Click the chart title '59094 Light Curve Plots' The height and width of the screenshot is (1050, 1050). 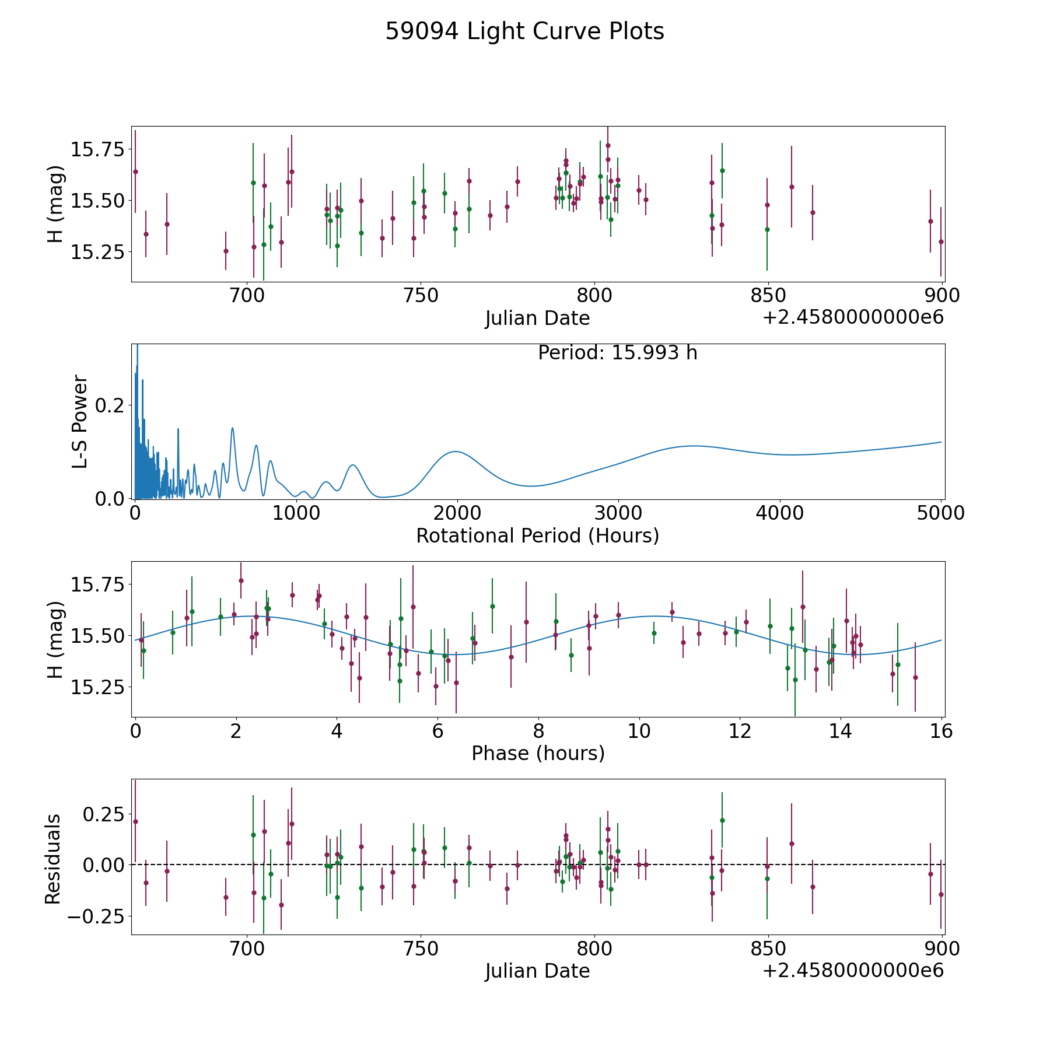pos(524,32)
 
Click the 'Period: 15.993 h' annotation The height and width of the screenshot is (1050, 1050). pos(617,353)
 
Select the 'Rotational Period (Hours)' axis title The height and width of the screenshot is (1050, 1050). pos(537,535)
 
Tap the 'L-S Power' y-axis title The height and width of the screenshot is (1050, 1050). pos(80,421)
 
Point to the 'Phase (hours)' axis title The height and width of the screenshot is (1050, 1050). pos(538,753)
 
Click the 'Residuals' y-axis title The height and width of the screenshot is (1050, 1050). pos(53,859)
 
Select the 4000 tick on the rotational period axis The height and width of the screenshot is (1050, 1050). pos(779,513)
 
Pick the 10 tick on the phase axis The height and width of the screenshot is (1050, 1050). pos(639,731)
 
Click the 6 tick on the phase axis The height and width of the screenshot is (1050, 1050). pos(437,731)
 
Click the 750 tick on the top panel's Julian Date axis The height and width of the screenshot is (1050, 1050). pos(421,296)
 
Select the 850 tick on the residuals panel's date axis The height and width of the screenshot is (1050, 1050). pos(768,949)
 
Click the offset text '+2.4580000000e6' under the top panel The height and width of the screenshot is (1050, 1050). pos(853,318)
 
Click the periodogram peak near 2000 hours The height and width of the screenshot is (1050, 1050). pos(455,452)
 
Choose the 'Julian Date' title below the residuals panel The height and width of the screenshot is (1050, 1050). pos(537,971)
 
